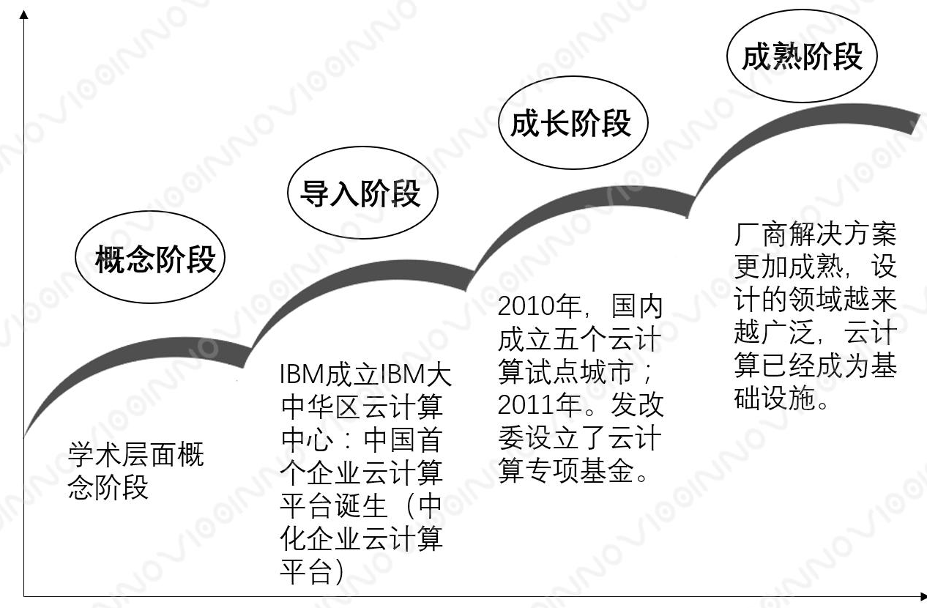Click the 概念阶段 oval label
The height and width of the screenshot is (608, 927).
tap(149, 259)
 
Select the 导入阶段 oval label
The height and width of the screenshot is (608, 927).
tap(362, 193)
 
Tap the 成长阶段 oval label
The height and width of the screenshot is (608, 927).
tap(572, 123)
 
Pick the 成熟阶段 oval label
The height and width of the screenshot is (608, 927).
tap(801, 56)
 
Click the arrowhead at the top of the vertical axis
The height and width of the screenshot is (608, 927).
tap(24, 15)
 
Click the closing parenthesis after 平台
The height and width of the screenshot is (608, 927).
tap(338, 573)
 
